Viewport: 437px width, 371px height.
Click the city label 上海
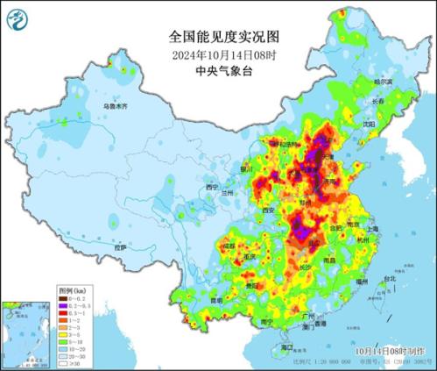click(374, 228)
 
